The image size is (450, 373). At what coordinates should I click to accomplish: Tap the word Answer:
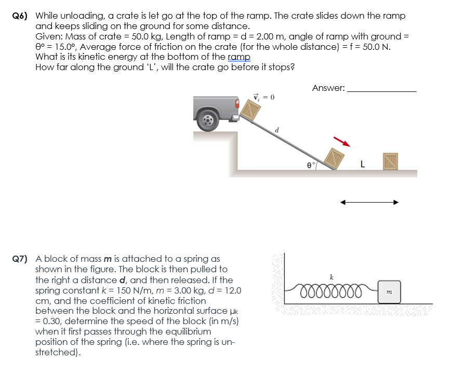(328, 88)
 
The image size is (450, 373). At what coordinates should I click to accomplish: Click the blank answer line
(381, 90)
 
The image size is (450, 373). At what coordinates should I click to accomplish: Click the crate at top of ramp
(252, 110)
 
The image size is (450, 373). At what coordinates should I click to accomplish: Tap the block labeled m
(390, 293)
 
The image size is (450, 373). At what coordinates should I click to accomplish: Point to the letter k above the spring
(332, 276)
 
